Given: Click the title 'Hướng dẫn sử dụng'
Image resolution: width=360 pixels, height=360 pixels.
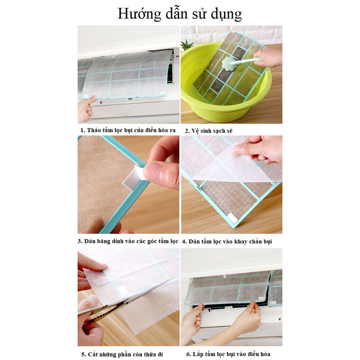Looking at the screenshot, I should click(180, 14).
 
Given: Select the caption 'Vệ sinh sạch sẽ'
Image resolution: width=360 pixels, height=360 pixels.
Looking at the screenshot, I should click(209, 131).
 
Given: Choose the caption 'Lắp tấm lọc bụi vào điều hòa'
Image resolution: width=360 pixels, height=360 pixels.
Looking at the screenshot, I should click(228, 354).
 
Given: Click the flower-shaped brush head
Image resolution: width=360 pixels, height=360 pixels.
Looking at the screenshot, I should click(229, 63).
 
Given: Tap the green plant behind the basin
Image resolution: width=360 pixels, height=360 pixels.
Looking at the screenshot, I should click(187, 45).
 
